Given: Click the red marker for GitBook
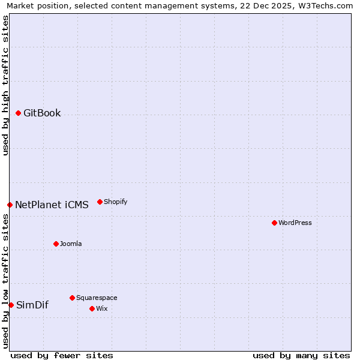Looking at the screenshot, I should click(18, 113).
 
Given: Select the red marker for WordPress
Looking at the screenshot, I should click(274, 223).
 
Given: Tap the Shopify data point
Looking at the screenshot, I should click(100, 202).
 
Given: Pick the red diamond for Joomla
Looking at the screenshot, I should click(56, 244).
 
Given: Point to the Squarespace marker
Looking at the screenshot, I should click(72, 298).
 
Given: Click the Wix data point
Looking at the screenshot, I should click(92, 308).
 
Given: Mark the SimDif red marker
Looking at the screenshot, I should click(11, 305).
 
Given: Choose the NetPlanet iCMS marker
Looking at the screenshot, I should click(10, 205).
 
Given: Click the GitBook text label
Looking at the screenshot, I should click(42, 113).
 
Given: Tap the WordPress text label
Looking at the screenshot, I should click(295, 223).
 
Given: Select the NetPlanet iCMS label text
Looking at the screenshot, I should click(52, 205).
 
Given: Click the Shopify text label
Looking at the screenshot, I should click(116, 202).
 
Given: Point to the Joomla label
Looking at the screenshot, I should click(71, 244).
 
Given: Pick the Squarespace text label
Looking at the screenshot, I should click(97, 298).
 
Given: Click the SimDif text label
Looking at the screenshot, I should click(32, 305).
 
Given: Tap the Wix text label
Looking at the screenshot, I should click(102, 308).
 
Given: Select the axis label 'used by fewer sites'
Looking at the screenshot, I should click(62, 355).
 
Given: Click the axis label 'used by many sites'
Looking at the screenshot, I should click(301, 355).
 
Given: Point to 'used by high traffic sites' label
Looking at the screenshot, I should click(5, 85).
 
